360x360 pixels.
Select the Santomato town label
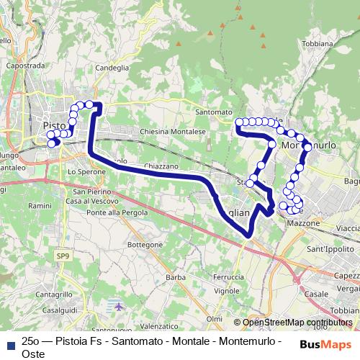pos(215,112)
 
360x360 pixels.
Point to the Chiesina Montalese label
pos(173,132)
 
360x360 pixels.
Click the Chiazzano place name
pos(161,166)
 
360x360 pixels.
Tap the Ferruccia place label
pos(228,276)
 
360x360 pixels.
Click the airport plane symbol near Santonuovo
pos(118,307)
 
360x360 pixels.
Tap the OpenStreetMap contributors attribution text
pos(297,323)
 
